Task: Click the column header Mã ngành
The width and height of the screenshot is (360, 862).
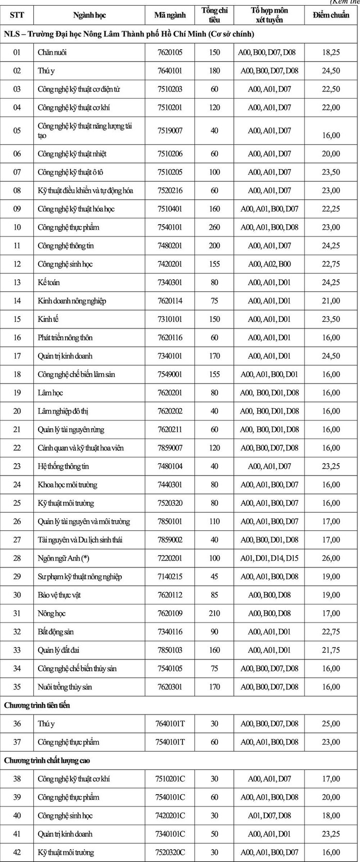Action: click(x=170, y=15)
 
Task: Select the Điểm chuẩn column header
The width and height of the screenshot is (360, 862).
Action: click(x=331, y=15)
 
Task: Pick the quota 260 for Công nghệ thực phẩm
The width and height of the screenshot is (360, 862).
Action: click(x=214, y=227)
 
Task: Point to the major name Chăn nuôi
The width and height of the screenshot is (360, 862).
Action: click(x=52, y=52)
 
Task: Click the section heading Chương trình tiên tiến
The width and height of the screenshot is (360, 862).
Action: click(x=37, y=705)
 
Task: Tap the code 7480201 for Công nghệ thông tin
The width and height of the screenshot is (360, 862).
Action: click(x=170, y=246)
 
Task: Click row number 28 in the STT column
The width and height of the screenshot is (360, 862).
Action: click(x=17, y=558)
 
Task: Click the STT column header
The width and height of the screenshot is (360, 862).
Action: click(x=17, y=15)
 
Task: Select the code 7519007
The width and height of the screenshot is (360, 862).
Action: click(x=170, y=131)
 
